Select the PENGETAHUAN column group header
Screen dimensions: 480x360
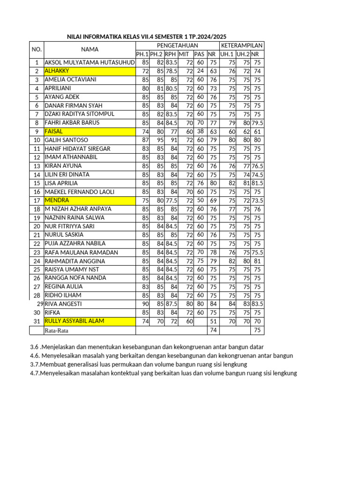click(x=171, y=45)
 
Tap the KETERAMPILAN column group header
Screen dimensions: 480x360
click(x=242, y=45)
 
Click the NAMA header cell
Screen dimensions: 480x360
click(x=90, y=49)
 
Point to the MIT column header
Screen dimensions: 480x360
click(x=184, y=54)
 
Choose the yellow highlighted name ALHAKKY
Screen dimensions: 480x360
click(x=57, y=71)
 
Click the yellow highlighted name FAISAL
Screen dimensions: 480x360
click(x=53, y=132)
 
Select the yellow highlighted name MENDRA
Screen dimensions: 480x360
click(x=56, y=200)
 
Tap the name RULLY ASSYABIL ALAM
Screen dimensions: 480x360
click(x=75, y=321)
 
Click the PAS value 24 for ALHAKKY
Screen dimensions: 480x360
click(x=200, y=71)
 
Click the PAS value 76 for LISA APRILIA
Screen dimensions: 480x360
click(x=200, y=183)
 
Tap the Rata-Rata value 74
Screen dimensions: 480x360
click(x=213, y=330)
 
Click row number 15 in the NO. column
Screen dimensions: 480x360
click(x=36, y=183)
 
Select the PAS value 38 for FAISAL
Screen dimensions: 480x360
click(x=200, y=132)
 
